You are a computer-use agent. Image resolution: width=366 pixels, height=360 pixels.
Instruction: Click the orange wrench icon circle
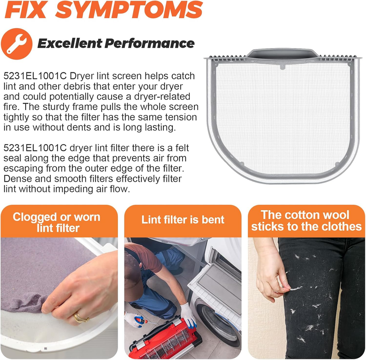coord(16,44)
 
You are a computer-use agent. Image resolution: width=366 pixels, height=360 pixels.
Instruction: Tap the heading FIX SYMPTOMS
coord(104,10)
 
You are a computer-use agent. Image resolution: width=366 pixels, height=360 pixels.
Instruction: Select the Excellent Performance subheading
coord(116,43)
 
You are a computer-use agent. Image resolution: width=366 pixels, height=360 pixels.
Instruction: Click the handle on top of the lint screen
coord(282,54)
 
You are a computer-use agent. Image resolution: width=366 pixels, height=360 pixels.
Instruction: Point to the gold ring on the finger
coord(80,318)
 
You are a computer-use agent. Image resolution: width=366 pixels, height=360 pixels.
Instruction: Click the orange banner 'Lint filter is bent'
coord(183,221)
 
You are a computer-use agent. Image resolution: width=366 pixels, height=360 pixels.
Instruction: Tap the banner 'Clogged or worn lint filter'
coord(59,221)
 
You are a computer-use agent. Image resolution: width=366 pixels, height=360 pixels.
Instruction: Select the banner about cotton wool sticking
coord(306,221)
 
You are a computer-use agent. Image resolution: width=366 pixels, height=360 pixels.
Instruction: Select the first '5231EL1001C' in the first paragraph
coord(35,76)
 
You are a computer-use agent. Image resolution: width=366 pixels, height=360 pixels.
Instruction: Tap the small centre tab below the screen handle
coord(282,67)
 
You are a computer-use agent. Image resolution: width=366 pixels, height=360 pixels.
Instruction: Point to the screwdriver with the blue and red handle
coord(143,321)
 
